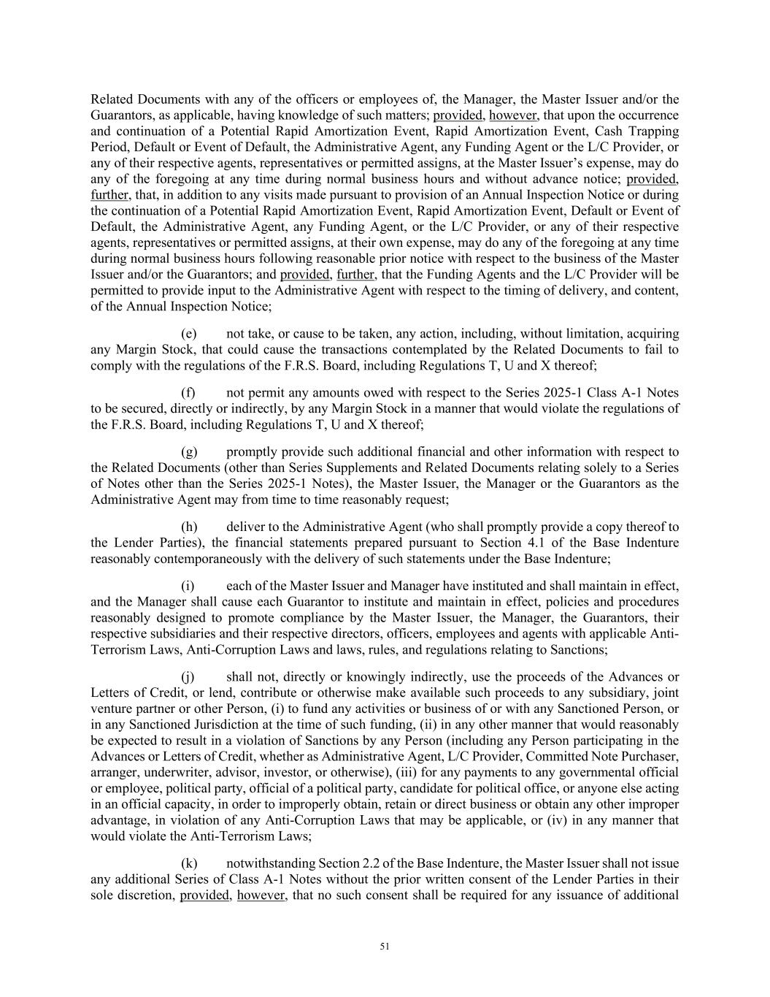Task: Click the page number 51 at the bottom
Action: [x=385, y=947]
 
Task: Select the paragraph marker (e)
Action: [x=189, y=334]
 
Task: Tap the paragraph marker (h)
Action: [x=189, y=527]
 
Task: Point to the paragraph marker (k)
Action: [x=189, y=863]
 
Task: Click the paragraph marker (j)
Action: [x=188, y=676]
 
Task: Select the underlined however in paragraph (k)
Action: [x=261, y=895]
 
